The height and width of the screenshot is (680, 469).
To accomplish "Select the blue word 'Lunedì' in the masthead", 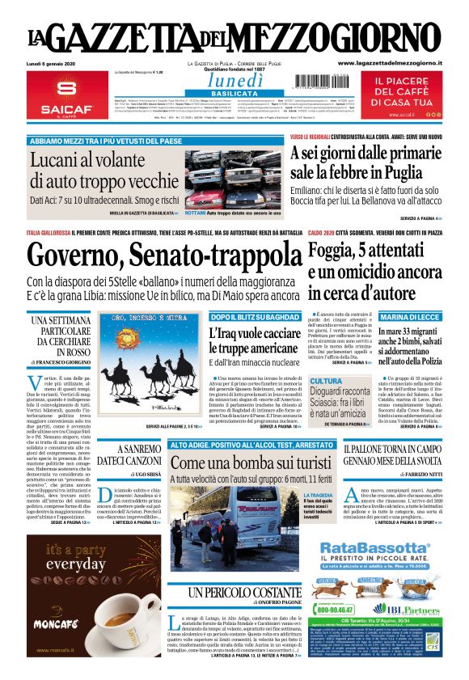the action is click(x=235, y=80).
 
